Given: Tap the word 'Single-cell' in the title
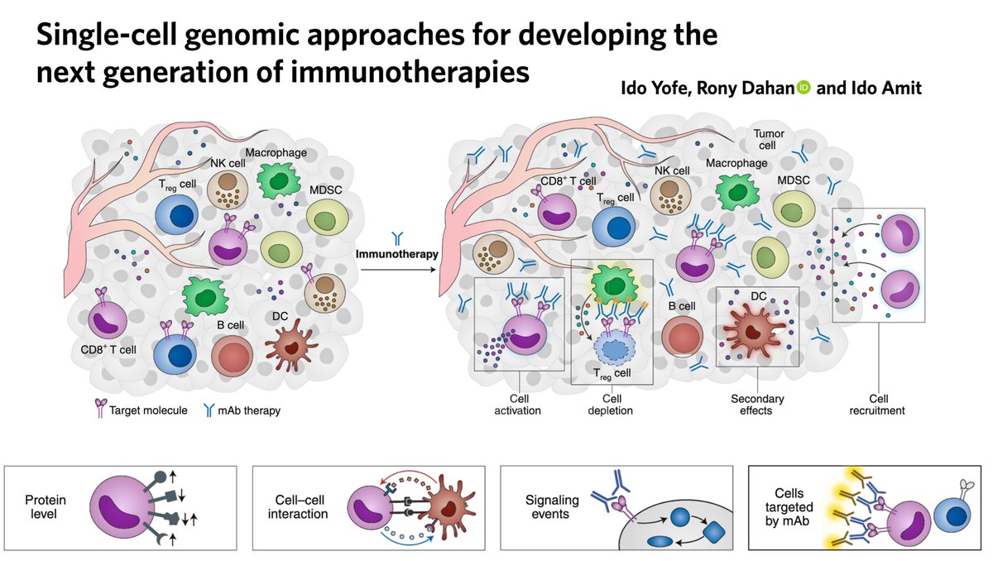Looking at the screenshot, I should [110, 36].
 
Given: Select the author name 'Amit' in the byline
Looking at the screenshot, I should [899, 88].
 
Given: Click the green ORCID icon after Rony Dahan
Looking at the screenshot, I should [803, 88].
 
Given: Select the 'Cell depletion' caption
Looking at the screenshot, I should [612, 405].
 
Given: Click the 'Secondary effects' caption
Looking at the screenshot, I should [757, 405].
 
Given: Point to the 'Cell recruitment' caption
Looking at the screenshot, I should [876, 405].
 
